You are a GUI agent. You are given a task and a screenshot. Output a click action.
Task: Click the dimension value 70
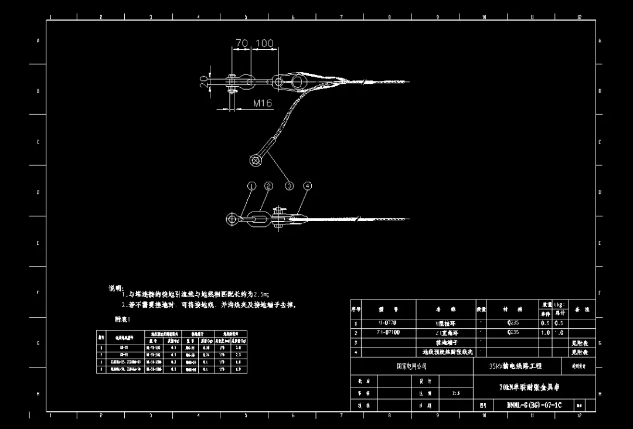pyautogui.click(x=241, y=43)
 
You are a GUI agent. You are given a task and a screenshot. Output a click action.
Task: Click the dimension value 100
pyautogui.click(x=264, y=43)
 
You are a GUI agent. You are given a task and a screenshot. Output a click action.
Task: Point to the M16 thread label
pyautogui.click(x=263, y=103)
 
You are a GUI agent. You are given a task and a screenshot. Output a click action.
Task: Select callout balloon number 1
pyautogui.click(x=251, y=186)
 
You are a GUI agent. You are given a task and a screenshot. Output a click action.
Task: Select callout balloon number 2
pyautogui.click(x=268, y=186)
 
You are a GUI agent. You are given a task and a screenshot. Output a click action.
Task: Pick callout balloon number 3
pyautogui.click(x=289, y=186)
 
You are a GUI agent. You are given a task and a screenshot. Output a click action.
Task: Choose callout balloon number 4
pyautogui.click(x=307, y=186)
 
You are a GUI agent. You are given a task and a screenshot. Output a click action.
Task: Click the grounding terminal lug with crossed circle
pyautogui.click(x=256, y=159)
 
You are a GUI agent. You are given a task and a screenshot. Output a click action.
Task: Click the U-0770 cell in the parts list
pyautogui.click(x=388, y=323)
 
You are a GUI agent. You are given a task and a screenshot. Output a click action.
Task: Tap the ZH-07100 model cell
pyautogui.click(x=388, y=332)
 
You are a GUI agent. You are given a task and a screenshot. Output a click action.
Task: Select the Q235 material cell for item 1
pyautogui.click(x=513, y=323)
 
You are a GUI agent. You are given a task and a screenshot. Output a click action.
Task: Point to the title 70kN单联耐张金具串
pyautogui.click(x=526, y=387)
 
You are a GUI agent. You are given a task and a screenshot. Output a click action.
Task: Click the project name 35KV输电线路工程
pyautogui.click(x=515, y=366)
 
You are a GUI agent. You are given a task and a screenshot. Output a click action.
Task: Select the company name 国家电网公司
pyautogui.click(x=411, y=366)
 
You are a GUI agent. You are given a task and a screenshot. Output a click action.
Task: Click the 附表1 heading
pyautogui.click(x=122, y=319)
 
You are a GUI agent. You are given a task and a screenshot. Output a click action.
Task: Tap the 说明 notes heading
pyautogui.click(x=115, y=288)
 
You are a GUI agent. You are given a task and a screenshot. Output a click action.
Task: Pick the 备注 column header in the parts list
pyautogui.click(x=582, y=309)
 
